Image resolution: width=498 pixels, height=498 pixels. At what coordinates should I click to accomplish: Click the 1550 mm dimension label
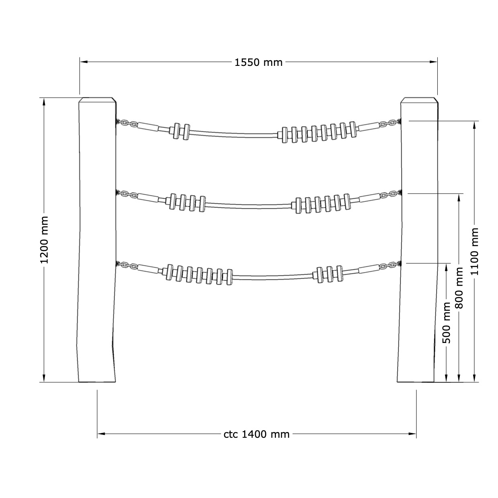[x=258, y=63]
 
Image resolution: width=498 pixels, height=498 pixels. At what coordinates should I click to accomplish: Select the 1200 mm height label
[x=45, y=240]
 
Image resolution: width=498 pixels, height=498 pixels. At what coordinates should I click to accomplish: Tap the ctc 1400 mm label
[x=256, y=434]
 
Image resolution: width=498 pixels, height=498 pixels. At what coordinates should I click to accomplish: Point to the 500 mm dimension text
[x=446, y=323]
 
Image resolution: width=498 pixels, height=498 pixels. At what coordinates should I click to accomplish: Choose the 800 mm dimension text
[x=459, y=288]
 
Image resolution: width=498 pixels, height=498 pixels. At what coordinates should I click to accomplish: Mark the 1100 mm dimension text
[x=474, y=251]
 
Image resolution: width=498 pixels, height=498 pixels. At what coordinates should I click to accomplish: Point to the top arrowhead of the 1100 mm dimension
[x=474, y=125]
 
